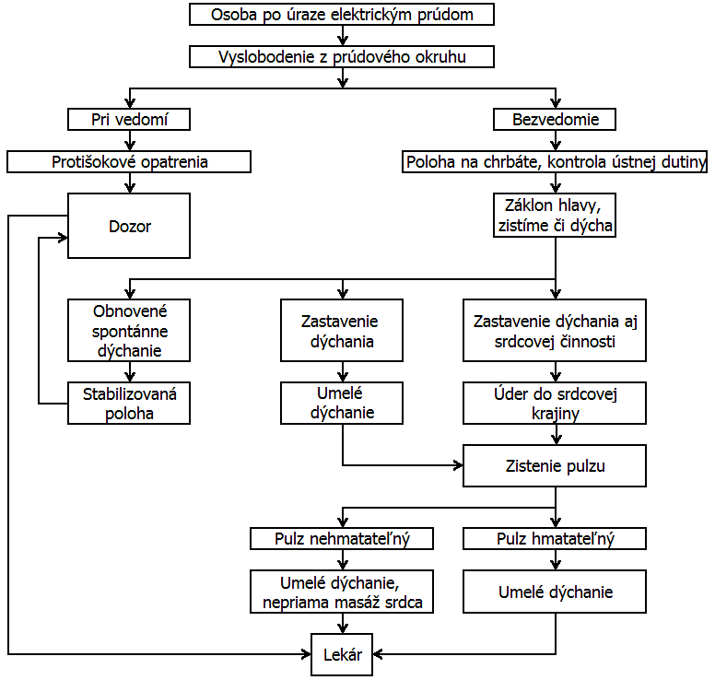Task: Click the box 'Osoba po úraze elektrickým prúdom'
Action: (342, 14)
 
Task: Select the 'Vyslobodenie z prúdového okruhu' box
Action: (342, 56)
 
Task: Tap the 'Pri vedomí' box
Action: (129, 120)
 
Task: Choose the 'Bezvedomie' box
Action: (555, 120)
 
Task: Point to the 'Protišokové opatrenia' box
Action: (129, 162)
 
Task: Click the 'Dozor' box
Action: (129, 226)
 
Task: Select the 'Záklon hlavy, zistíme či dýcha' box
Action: (555, 216)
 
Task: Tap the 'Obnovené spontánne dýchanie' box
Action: (129, 331)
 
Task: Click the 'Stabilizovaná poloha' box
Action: (129, 404)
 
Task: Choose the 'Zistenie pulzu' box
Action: (555, 465)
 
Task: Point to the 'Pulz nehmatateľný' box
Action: (342, 539)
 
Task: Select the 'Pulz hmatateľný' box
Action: (555, 539)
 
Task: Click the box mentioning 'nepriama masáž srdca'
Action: (342, 592)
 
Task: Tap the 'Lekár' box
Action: (342, 654)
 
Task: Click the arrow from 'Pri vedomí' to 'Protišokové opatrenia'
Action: (130, 140)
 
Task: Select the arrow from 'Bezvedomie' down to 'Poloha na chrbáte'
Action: (556, 140)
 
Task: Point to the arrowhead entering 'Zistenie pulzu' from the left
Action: (458, 465)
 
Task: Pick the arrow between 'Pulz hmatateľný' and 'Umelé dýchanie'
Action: (556, 559)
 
